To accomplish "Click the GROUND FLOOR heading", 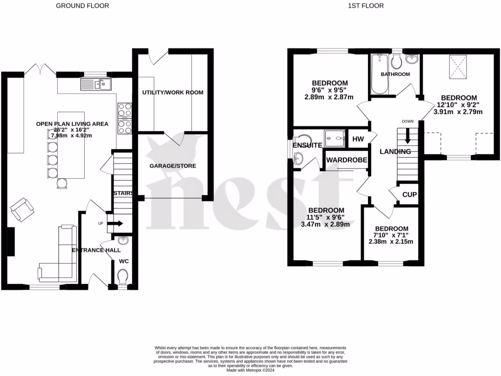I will [82, 6].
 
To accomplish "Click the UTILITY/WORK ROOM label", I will [173, 93].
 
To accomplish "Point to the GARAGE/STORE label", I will [173, 166].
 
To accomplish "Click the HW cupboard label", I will [358, 139].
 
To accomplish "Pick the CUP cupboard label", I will [409, 194].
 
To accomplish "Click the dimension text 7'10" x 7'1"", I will [391, 235].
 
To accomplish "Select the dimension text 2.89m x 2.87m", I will [328, 97].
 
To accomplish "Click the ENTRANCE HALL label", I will [96, 250].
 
